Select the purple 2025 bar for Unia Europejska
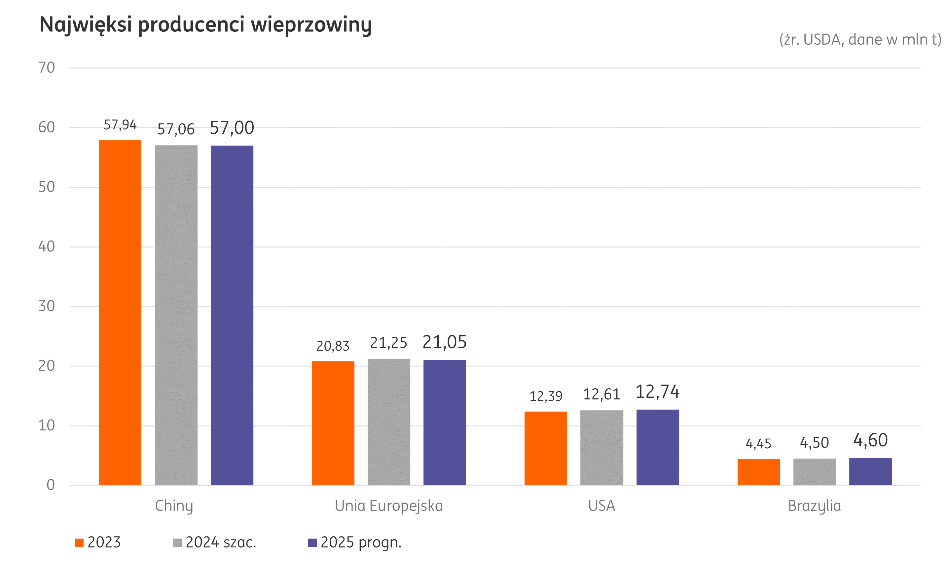pos(445,422)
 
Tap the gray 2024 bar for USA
pos(601,447)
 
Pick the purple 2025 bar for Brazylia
pos(870,471)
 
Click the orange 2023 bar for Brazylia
pos(759,471)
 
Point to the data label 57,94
pos(120,125)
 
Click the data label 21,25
pos(388,343)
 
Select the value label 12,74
pos(658,392)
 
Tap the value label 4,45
pos(758,444)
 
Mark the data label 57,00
pos(232,128)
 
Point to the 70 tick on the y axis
pos(47,68)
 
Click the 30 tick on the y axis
pos(47,306)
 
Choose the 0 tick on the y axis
pos(50,485)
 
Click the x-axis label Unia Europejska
pos(388,506)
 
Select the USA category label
pos(601,506)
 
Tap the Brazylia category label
pos(815,506)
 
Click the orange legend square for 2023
pos(79,543)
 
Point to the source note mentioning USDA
pos(860,40)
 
